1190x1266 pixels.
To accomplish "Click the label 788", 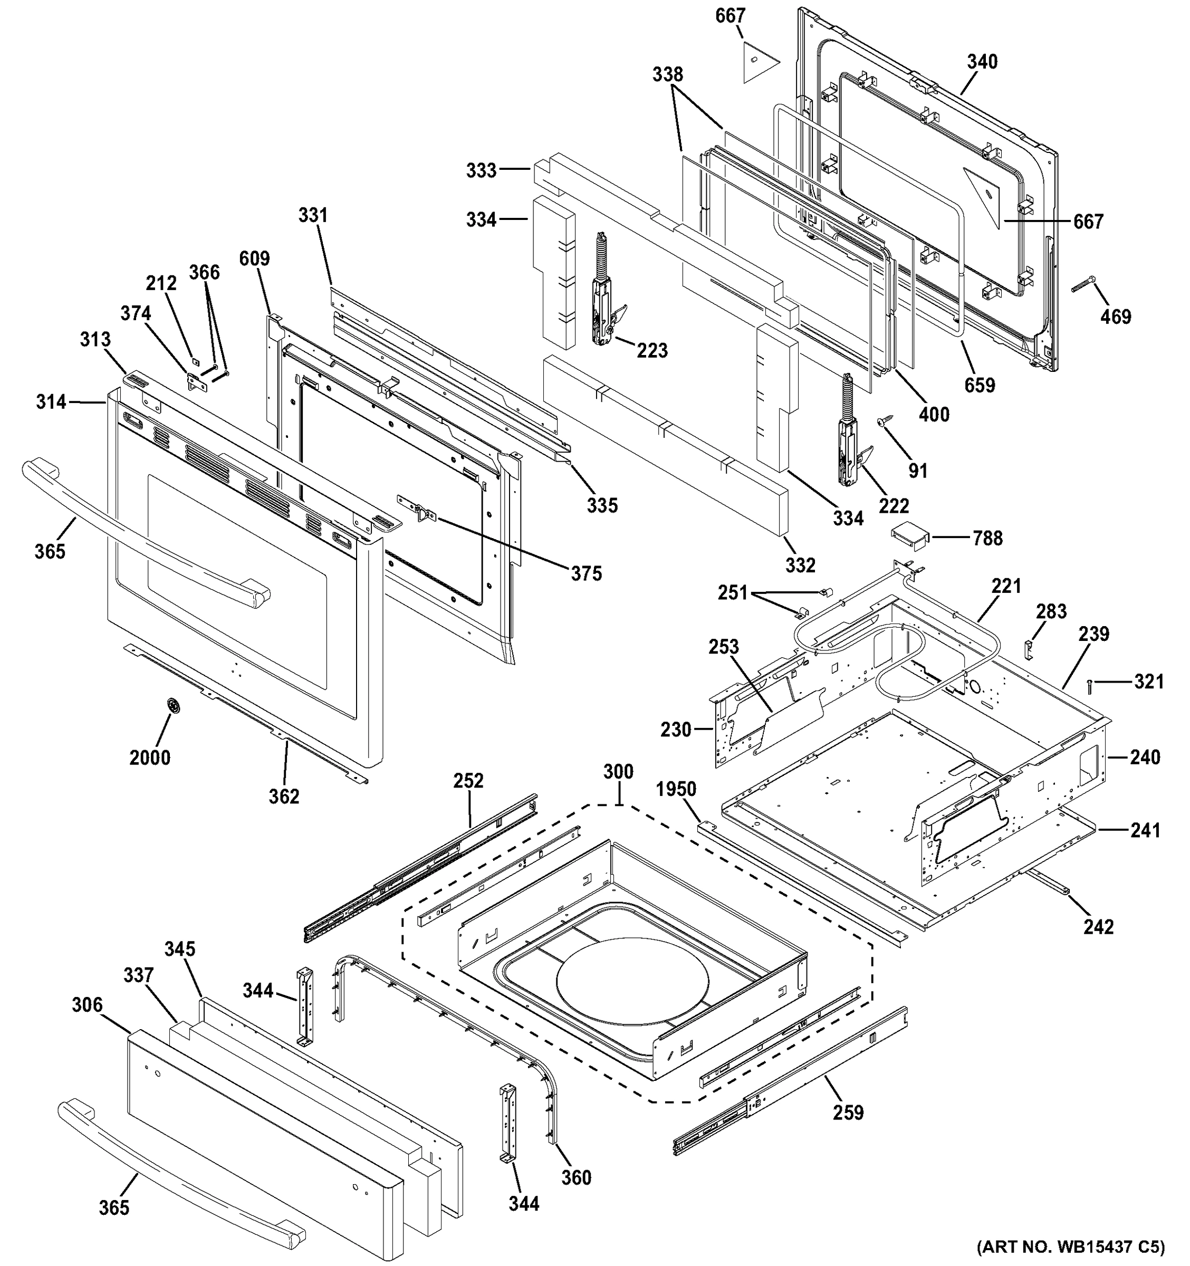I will coord(987,539).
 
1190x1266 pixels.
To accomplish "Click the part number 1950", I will coord(676,789).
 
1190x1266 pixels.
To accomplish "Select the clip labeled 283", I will coord(1028,649).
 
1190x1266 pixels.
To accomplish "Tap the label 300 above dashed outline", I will coord(618,772).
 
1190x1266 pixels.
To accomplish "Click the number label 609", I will coord(255,258).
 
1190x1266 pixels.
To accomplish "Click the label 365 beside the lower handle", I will coord(114,1207).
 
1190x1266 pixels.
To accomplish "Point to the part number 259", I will coord(848,1112).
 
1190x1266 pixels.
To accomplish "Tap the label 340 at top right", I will coord(982,62).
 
